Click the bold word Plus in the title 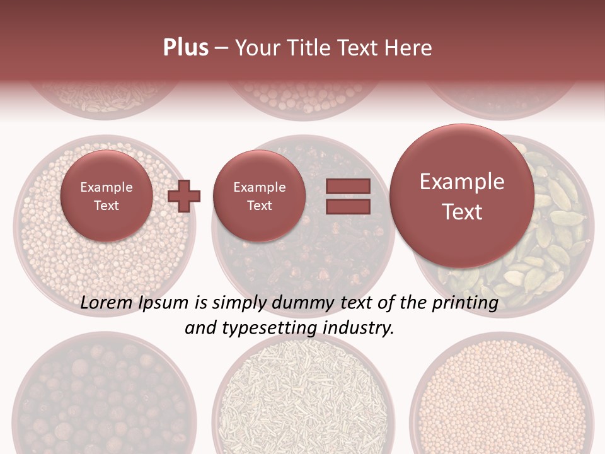point(185,48)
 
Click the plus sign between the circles point(184,196)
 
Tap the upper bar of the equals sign point(347,187)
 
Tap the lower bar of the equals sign point(347,206)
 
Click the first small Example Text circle point(107,196)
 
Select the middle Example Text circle point(259,196)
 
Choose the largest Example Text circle point(462,196)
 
